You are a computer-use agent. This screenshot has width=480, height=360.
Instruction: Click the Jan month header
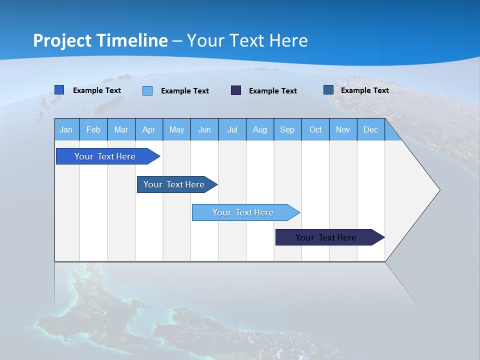pyautogui.click(x=66, y=130)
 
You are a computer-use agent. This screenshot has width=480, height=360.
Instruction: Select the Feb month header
pyautogui.click(x=93, y=130)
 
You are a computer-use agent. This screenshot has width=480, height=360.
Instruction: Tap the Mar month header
pyautogui.click(x=121, y=130)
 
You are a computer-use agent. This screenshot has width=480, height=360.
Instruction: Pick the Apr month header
pyautogui.click(x=149, y=130)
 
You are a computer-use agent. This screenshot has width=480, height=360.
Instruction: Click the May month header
pyautogui.click(x=176, y=130)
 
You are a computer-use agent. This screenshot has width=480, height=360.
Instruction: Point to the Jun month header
pyautogui.click(x=204, y=130)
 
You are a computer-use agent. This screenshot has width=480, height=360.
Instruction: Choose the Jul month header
pyautogui.click(x=232, y=130)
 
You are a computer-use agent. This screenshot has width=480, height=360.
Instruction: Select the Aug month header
pyautogui.click(x=260, y=130)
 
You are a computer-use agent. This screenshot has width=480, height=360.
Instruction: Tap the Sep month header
pyautogui.click(x=287, y=130)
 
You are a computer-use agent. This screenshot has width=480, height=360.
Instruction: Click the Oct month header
pyautogui.click(x=315, y=130)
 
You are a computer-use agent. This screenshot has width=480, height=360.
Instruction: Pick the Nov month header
pyautogui.click(x=343, y=130)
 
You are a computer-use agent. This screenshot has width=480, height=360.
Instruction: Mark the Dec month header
pyautogui.click(x=370, y=130)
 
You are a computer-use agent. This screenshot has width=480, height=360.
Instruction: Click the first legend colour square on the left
pyautogui.click(x=59, y=90)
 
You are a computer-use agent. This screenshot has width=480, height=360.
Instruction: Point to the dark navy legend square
pyautogui.click(x=236, y=90)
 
